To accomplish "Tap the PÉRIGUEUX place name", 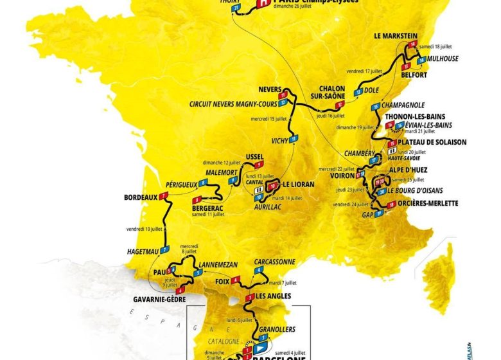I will click(x=181, y=184).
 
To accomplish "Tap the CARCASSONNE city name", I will click(x=275, y=262).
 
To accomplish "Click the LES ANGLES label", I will click(x=273, y=296).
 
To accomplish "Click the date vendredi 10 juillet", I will click(x=144, y=229).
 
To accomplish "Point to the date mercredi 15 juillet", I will click(x=268, y=118).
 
